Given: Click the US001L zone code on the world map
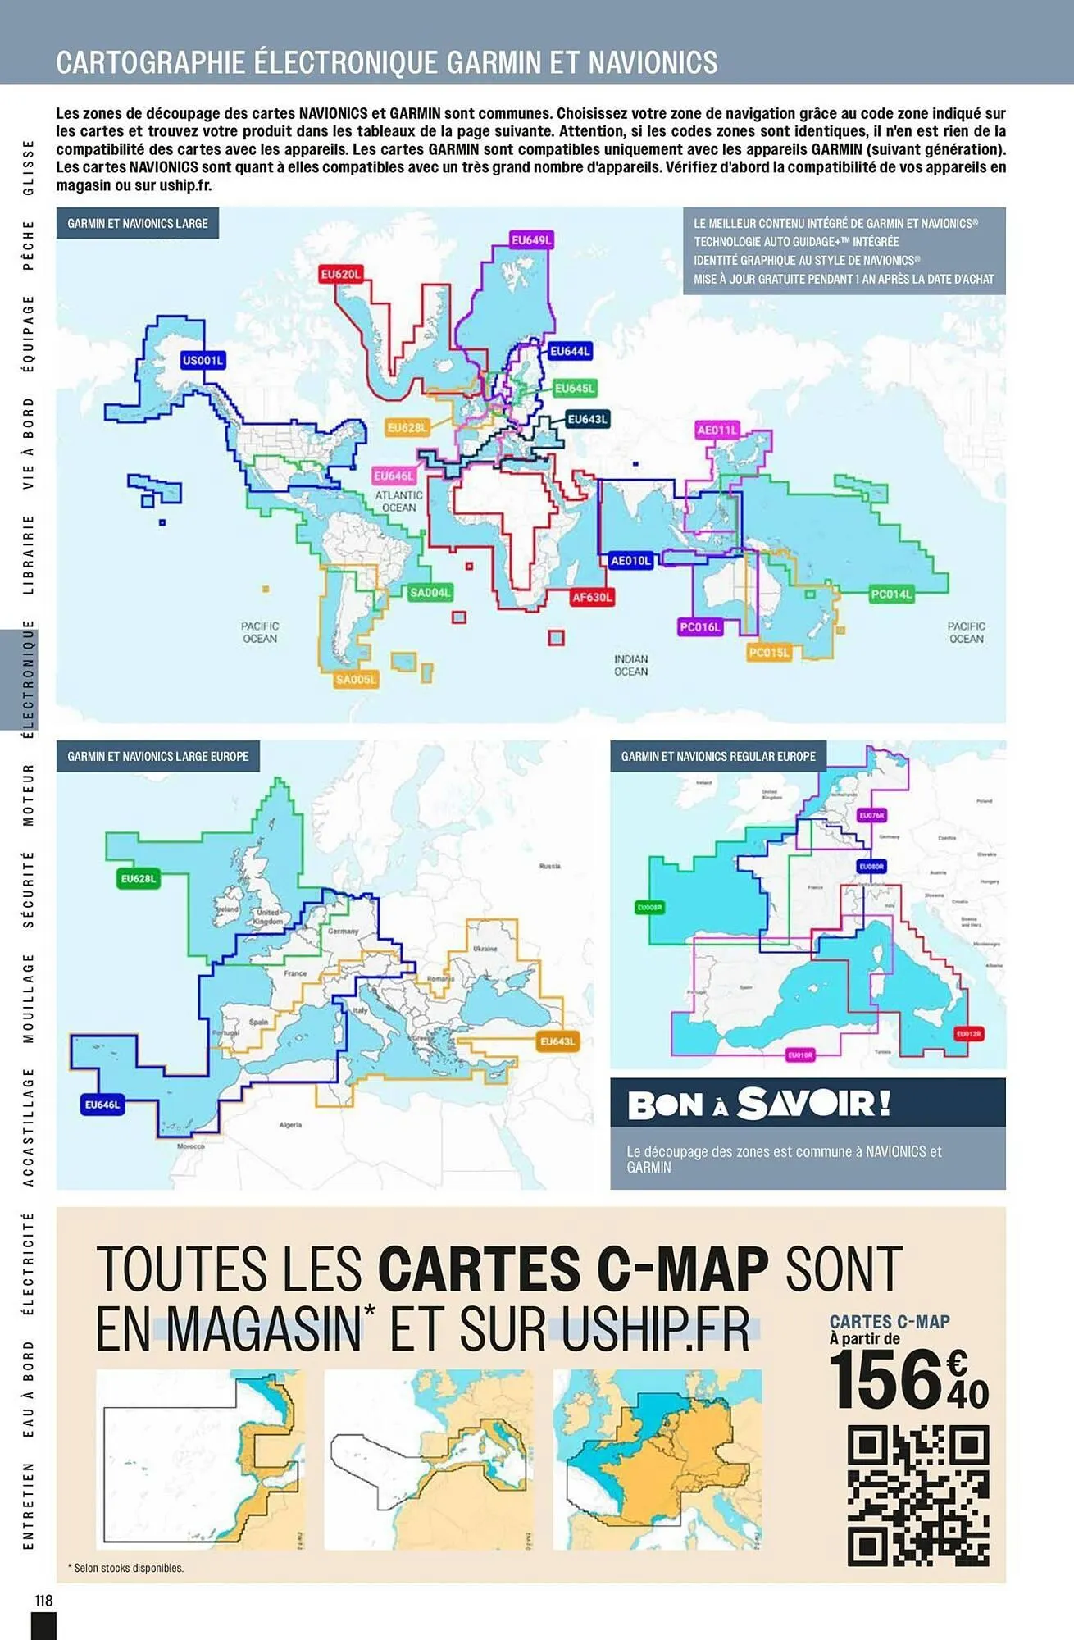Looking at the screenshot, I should tap(203, 360).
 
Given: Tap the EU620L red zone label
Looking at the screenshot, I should tap(341, 274).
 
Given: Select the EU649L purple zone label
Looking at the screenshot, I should tap(531, 240).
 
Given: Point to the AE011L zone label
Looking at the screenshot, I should tap(717, 430).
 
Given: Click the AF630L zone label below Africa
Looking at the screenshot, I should tap(592, 597).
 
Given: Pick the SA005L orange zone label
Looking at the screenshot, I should tap(356, 679).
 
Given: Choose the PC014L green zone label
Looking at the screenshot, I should tap(891, 594).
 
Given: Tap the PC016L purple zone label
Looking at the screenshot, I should tap(700, 627).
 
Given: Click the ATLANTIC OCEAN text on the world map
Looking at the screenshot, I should tap(399, 501).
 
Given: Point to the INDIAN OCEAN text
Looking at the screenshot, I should tap(631, 665).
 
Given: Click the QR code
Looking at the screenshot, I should tap(918, 1496).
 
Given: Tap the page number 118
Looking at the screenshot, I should tap(43, 1600).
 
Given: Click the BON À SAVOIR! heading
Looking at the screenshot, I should tap(759, 1104).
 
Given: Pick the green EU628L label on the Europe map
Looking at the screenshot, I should tap(139, 879).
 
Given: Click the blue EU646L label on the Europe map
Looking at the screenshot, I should tap(102, 1105).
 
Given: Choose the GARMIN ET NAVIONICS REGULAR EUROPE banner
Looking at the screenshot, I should tap(718, 756).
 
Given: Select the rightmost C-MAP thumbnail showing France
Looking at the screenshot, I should tap(658, 1460).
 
